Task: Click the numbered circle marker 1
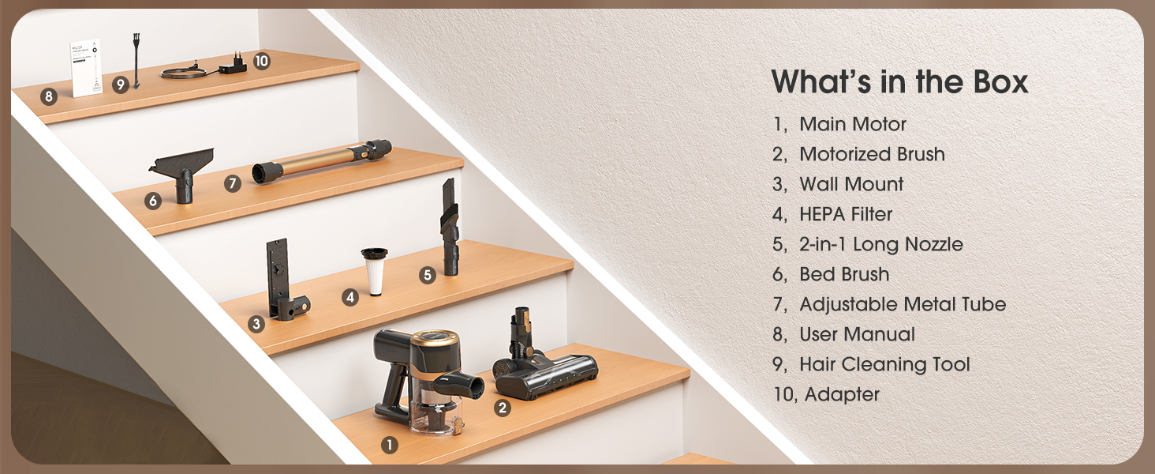389,445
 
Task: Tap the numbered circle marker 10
262,61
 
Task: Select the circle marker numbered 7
233,182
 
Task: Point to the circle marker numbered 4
350,297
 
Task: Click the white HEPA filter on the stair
375,272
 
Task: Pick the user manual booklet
85,68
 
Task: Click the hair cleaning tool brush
136,60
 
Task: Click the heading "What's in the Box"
899,81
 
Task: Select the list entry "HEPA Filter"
846,214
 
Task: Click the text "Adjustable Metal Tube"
903,304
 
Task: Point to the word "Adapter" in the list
842,395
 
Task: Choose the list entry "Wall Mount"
851,184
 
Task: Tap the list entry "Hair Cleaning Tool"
884,364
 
